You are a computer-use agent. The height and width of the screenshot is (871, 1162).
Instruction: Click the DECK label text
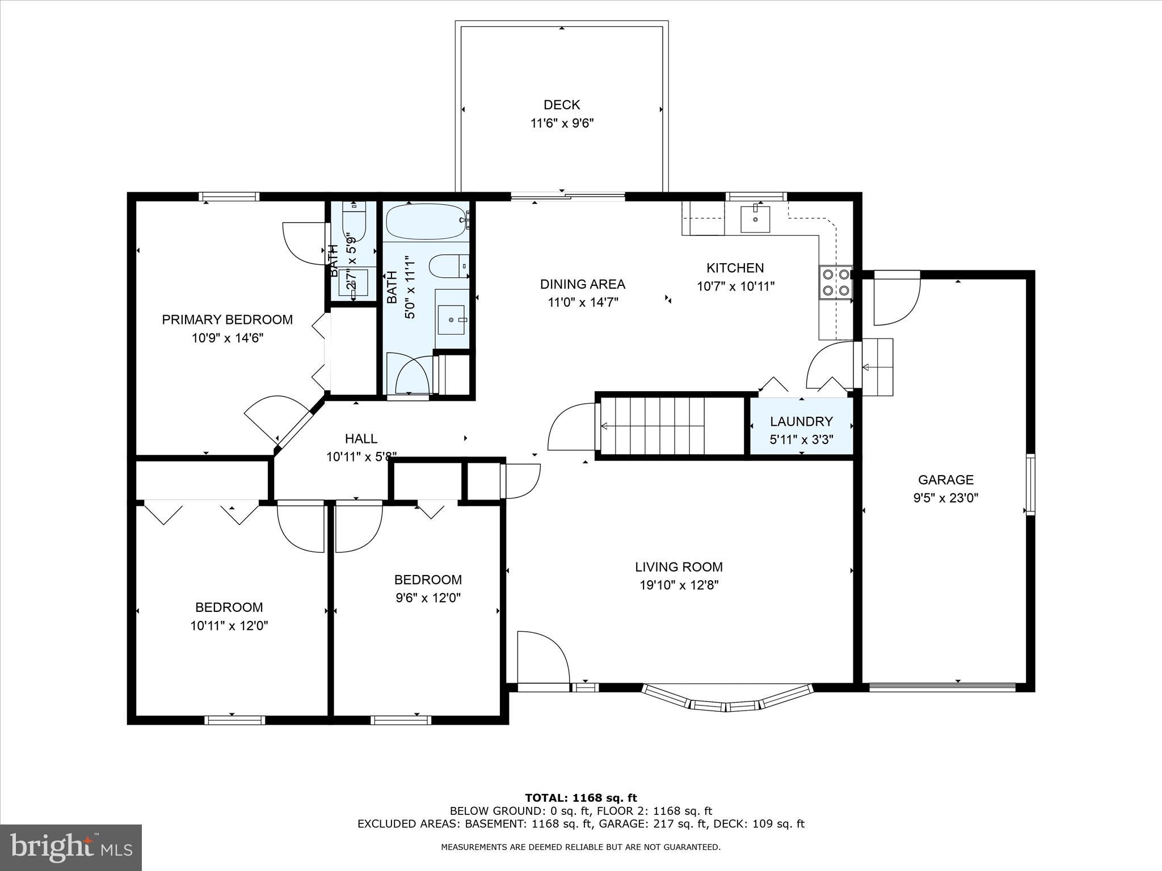coord(562,105)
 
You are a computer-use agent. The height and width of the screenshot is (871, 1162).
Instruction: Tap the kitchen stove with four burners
coord(836,282)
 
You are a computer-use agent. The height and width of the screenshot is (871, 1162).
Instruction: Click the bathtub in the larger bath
coord(426,221)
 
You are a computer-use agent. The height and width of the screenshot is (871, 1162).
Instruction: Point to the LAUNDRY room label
coord(801,421)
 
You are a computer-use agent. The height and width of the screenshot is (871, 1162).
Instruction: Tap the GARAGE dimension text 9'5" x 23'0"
coord(945,498)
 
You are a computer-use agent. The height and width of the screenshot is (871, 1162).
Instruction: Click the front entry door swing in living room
coord(542,658)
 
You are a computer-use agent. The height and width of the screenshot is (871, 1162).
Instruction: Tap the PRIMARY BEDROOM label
coord(227,319)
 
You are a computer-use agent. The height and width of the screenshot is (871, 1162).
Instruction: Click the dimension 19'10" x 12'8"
coord(679,585)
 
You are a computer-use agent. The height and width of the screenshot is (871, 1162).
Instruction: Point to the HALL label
coord(361,438)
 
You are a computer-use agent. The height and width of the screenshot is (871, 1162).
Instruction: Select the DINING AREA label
coord(582,284)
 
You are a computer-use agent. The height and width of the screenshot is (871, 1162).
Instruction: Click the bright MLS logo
coord(71,848)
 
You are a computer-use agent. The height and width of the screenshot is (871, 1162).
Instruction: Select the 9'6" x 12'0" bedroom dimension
coord(428,598)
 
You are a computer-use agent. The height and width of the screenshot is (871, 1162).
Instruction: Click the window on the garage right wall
coord(1030,484)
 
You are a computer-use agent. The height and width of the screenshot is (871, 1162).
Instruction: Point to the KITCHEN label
coord(735,268)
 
